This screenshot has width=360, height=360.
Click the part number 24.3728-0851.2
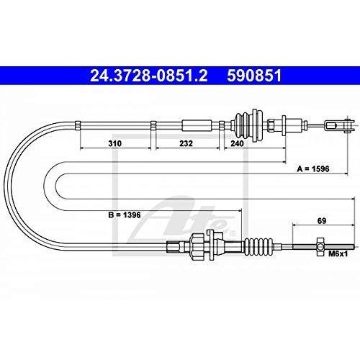[x=148, y=76]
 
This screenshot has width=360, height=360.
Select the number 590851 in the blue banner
[x=254, y=76]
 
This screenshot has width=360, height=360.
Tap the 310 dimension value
[x=115, y=143]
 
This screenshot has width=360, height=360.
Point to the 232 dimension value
[x=186, y=143]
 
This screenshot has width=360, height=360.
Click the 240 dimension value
[x=237, y=143]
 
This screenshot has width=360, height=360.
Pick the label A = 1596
[x=313, y=169]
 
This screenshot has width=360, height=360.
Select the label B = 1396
[x=125, y=215]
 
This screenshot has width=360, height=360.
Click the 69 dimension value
[x=322, y=220]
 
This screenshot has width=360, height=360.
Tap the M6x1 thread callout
[x=338, y=253]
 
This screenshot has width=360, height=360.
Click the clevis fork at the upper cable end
[x=339, y=125]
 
